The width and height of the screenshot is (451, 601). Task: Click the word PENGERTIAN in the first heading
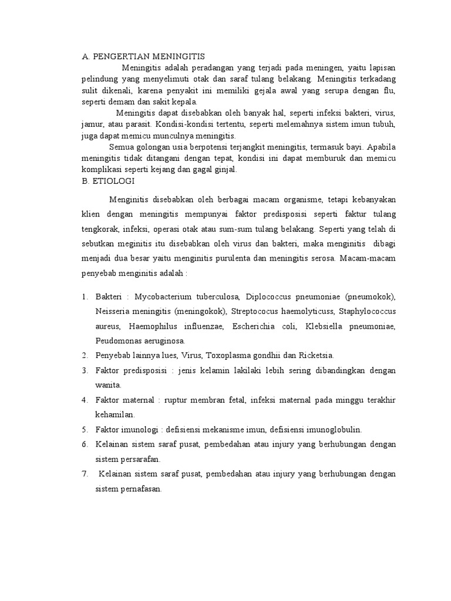click(115, 57)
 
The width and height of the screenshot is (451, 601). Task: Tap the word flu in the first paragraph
click(389, 91)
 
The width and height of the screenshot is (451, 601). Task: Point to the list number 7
click(85, 474)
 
